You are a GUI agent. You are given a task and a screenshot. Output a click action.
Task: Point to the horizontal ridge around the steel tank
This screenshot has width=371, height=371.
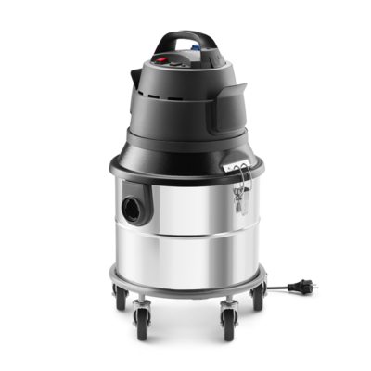click(x=185, y=244)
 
